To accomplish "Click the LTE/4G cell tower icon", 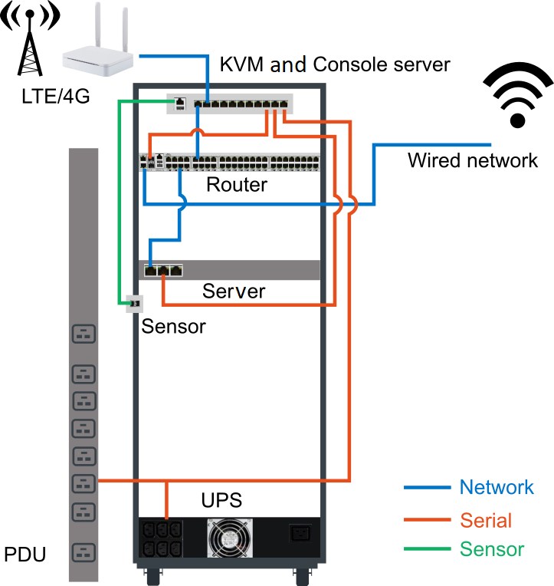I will click(x=31, y=45).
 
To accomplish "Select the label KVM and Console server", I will click(x=335, y=64).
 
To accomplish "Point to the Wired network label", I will click(x=473, y=160).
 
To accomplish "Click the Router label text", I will click(x=237, y=185).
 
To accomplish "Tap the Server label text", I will click(x=234, y=291).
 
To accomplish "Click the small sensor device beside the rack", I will click(x=133, y=304).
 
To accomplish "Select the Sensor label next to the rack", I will click(x=175, y=326).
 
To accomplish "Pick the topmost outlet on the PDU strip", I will click(x=84, y=334).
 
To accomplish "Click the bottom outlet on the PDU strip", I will click(x=84, y=551).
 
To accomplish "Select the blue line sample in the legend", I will click(x=426, y=487).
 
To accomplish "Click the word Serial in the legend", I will click(x=486, y=520).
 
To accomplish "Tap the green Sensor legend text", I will click(x=492, y=549).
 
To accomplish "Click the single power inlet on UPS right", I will click(x=300, y=534).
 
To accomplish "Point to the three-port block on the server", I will click(x=163, y=270).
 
